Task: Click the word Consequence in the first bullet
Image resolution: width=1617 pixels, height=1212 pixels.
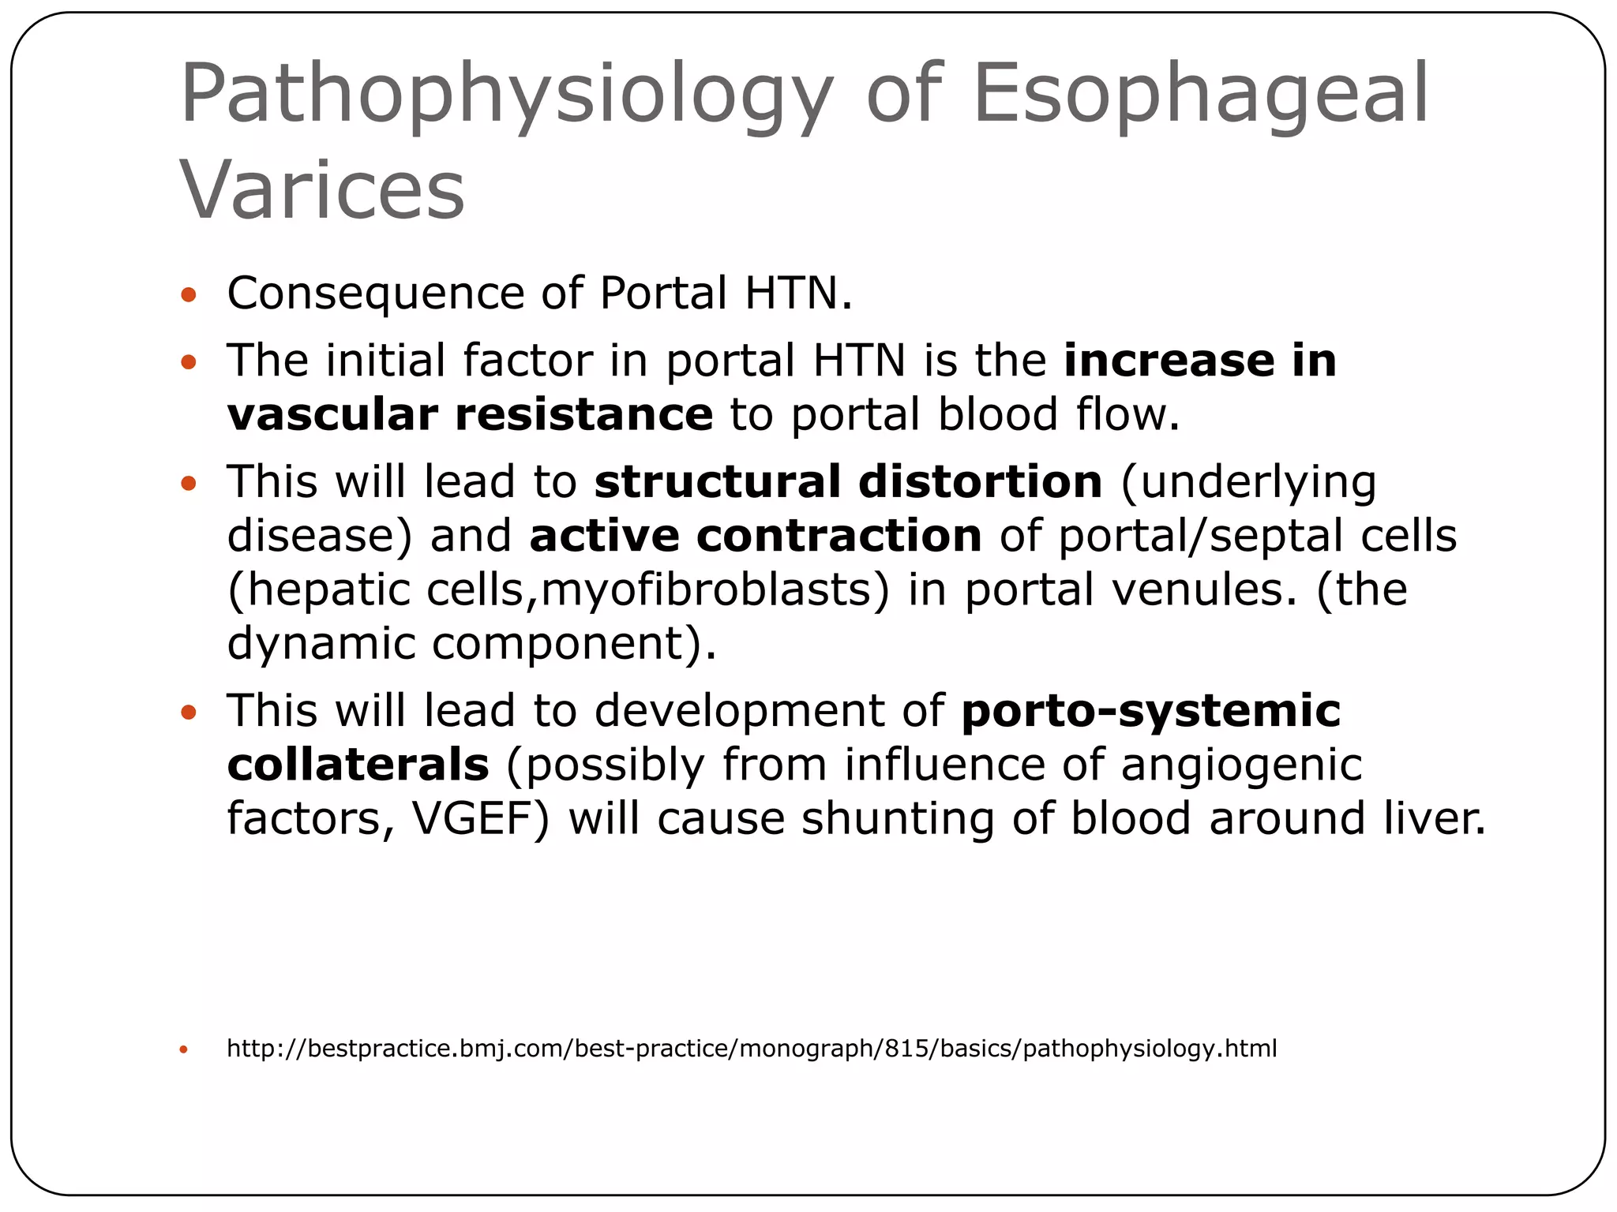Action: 375,294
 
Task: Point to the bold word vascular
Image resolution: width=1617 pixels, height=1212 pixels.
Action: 332,415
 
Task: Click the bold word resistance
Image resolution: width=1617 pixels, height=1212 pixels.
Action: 583,415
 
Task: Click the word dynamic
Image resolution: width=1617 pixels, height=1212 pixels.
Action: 321,644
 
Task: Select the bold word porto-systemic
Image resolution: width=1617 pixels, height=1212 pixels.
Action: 1150,710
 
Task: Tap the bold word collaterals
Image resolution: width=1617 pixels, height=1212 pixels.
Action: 358,765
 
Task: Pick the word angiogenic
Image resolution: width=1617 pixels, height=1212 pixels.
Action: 1241,765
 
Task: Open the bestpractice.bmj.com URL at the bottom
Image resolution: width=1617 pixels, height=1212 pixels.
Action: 751,1049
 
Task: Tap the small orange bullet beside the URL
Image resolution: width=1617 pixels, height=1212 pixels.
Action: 184,1050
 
